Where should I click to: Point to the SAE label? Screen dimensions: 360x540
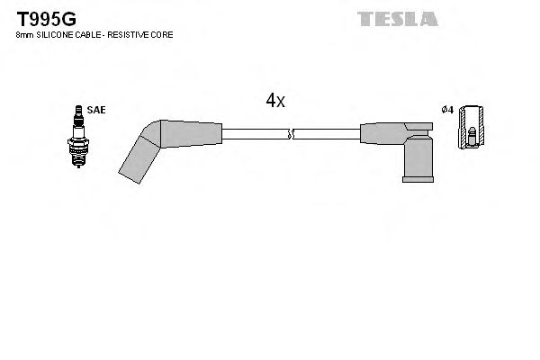pyautogui.click(x=97, y=109)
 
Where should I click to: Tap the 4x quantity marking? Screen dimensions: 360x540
pyautogui.click(x=274, y=101)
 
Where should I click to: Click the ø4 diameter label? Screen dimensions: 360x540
pyautogui.click(x=445, y=110)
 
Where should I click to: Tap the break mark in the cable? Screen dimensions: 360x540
pyautogui.click(x=289, y=135)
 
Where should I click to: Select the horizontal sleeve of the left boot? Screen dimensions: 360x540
pyautogui.click(x=191, y=134)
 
